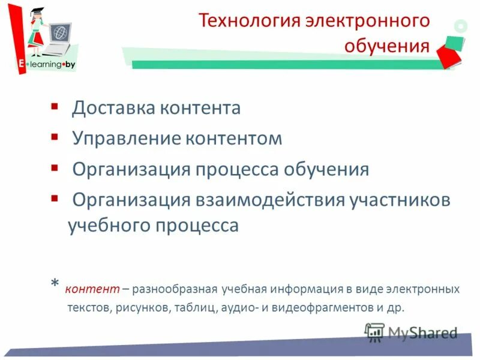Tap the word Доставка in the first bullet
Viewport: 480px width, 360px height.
pyautogui.click(x=113, y=108)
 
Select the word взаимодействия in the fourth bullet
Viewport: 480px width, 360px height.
pyautogui.click(x=269, y=200)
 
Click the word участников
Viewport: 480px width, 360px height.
pyautogui.click(x=399, y=200)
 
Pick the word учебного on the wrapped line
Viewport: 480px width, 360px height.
pyautogui.click(x=108, y=225)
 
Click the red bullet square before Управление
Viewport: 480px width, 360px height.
pyautogui.click(x=54, y=135)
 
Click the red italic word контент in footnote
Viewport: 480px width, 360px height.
pyautogui.click(x=92, y=289)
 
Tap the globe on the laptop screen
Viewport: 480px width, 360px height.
pyautogui.click(x=59, y=31)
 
